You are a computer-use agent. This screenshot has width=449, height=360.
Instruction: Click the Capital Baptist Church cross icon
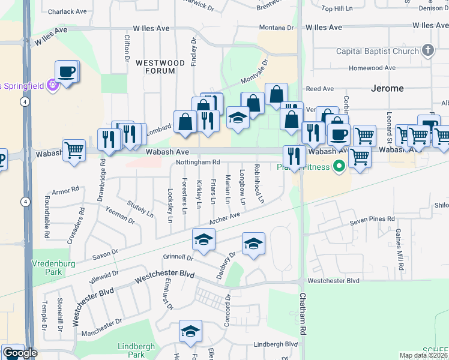coord(427,51)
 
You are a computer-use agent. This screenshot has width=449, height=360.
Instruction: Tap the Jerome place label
coord(388,88)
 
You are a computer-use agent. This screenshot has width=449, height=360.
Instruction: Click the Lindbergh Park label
coord(137,350)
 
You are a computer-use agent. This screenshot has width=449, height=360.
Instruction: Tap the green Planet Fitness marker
coord(339,165)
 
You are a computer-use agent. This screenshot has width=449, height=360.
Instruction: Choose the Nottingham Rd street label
coord(198,162)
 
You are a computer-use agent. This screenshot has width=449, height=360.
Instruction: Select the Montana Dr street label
coord(276,28)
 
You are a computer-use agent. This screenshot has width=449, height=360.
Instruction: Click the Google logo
coord(20,353)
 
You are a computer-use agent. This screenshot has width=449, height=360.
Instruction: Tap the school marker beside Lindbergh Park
coord(190,331)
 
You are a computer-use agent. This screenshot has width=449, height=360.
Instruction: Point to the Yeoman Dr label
coord(121,215)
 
